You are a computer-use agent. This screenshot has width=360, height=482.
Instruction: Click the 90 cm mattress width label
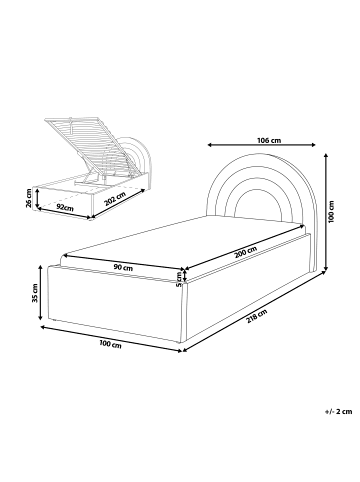click(x=124, y=268)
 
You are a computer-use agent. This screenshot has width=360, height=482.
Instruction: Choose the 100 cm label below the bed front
click(x=110, y=345)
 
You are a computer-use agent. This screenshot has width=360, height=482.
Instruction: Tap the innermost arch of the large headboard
click(x=246, y=206)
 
